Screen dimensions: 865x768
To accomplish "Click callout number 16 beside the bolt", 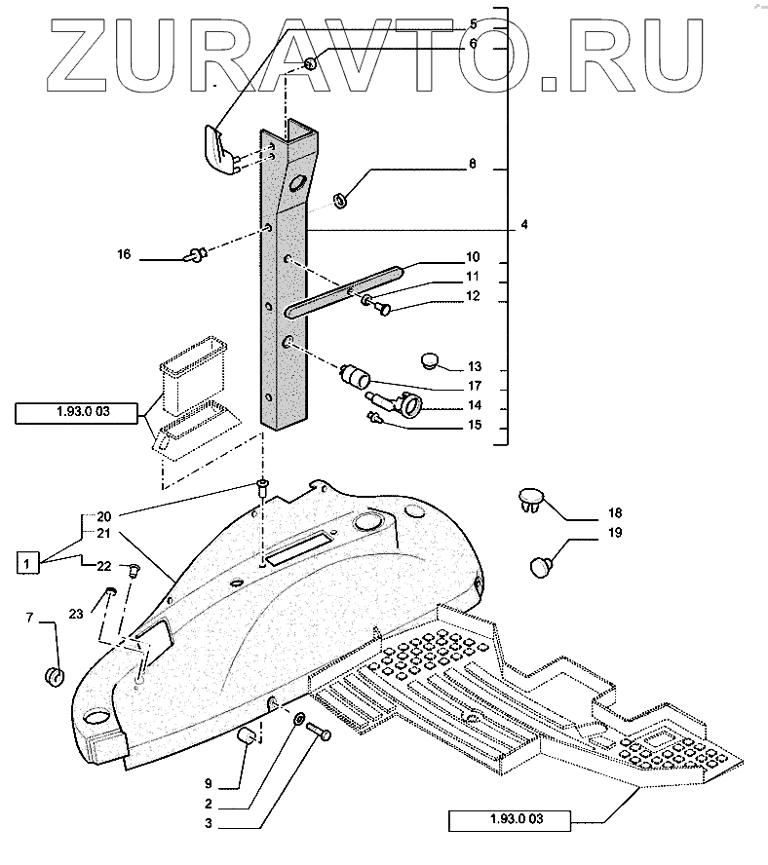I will (124, 254).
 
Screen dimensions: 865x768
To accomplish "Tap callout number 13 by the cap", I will (475, 367).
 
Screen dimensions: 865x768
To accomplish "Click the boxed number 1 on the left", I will (29, 563).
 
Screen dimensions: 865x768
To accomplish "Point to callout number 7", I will (29, 619).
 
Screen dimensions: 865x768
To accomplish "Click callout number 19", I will (614, 533).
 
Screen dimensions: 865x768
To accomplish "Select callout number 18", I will (614, 512).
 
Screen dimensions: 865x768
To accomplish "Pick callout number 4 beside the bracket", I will (524, 225).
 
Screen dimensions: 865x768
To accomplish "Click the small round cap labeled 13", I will (432, 360).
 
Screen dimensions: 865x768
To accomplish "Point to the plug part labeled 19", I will (542, 564).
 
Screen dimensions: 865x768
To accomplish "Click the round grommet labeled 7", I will (56, 675).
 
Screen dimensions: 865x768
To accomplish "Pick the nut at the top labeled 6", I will (310, 64).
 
